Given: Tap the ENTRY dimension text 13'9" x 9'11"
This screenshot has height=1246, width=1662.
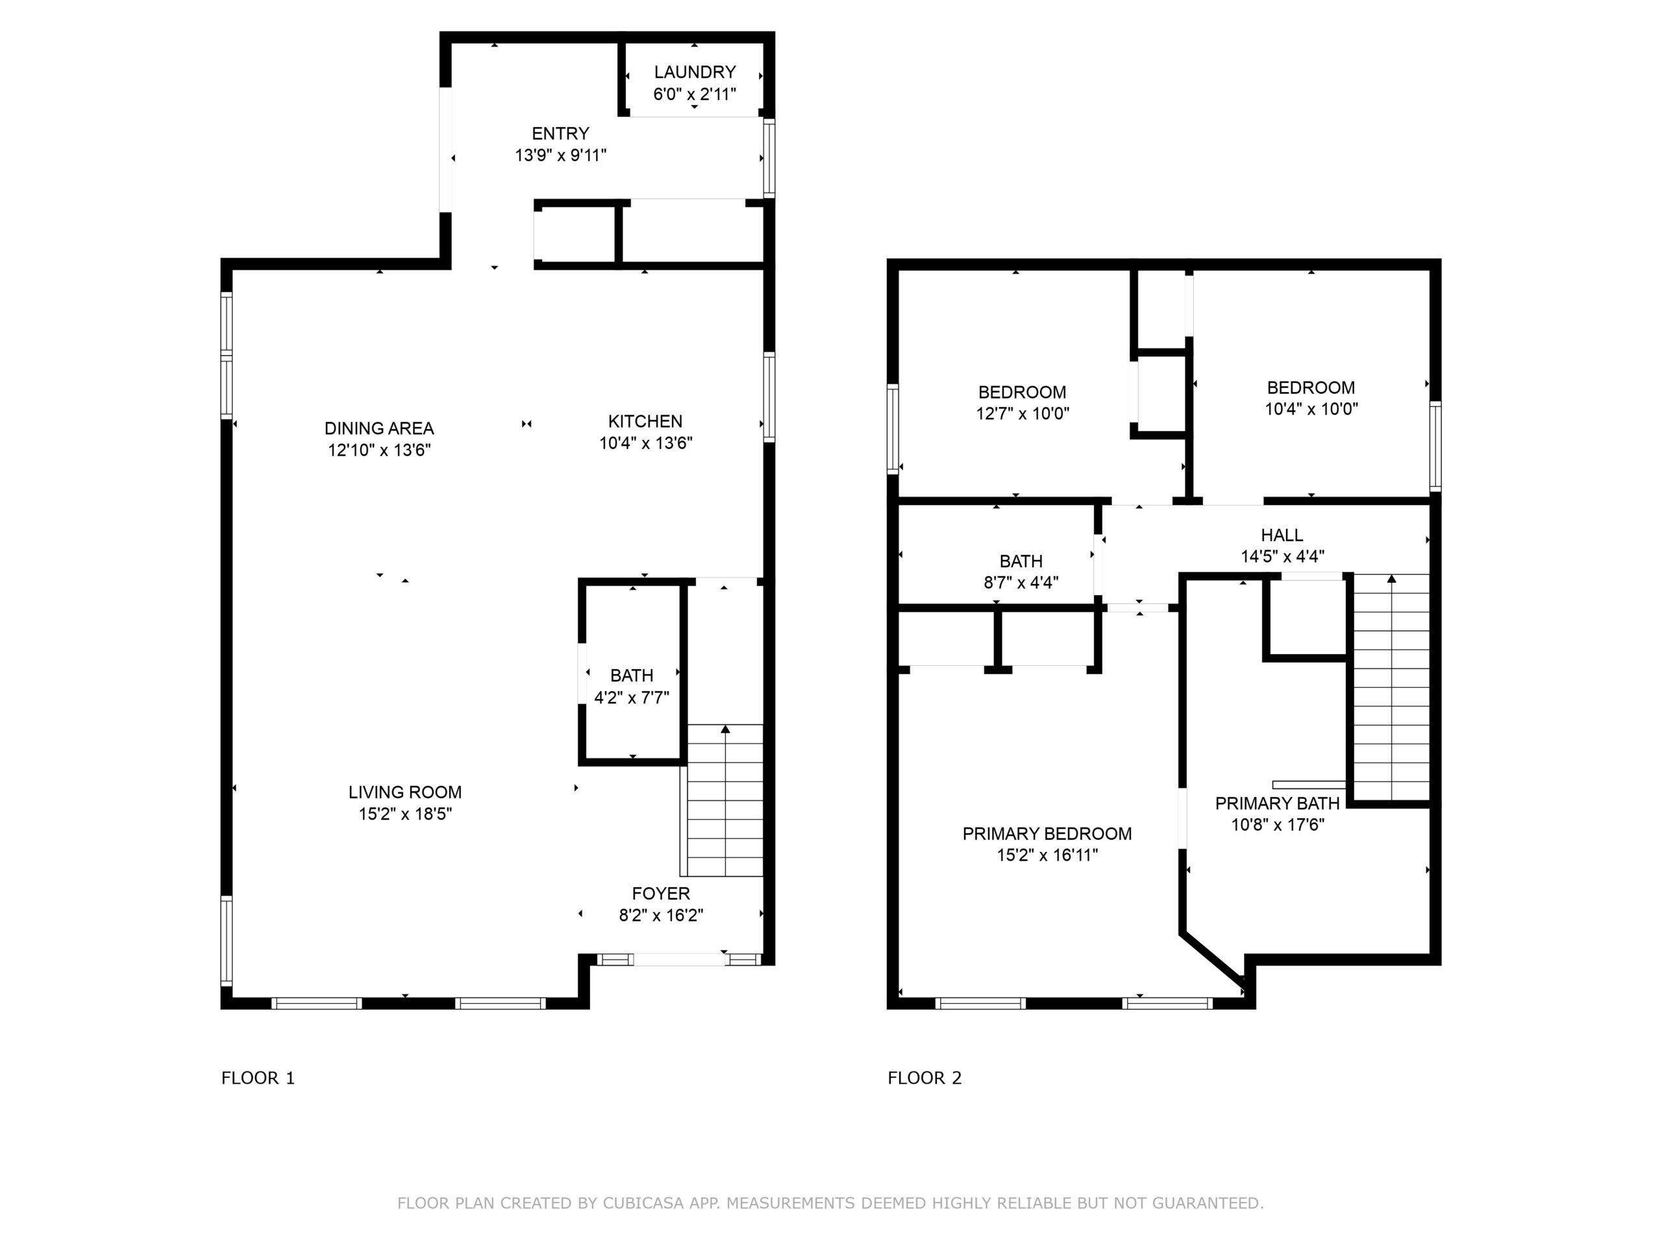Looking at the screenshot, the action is [x=560, y=156].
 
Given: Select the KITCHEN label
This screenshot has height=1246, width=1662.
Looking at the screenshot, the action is [x=645, y=421].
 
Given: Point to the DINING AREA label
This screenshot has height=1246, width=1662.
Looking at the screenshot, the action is [x=379, y=428].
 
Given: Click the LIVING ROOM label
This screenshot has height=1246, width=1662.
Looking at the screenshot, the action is [x=405, y=792].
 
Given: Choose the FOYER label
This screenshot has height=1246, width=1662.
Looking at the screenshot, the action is [x=661, y=893].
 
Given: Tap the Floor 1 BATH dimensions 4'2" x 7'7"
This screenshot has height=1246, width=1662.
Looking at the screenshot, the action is [x=632, y=698].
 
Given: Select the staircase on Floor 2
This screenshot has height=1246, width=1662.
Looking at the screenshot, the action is [x=1391, y=687].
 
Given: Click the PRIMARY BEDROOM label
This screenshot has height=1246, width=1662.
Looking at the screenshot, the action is [x=1047, y=834].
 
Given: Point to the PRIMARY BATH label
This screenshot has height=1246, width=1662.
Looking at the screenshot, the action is [x=1277, y=803].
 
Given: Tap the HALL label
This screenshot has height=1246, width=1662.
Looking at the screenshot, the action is [x=1283, y=535].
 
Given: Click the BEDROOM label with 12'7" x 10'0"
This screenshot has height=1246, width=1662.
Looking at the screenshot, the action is [x=1023, y=392].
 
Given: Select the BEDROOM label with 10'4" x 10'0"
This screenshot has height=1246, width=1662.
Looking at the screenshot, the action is [x=1311, y=387].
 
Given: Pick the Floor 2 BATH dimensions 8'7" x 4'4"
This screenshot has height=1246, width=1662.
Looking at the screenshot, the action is [x=1021, y=582].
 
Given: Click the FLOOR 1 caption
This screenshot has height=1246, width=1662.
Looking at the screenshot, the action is [x=258, y=1078].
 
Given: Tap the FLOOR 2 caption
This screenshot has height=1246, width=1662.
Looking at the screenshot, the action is [x=925, y=1078].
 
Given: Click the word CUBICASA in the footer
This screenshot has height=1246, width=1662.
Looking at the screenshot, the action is [x=643, y=1203].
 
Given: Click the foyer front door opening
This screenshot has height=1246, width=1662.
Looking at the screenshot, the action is [x=679, y=959].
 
